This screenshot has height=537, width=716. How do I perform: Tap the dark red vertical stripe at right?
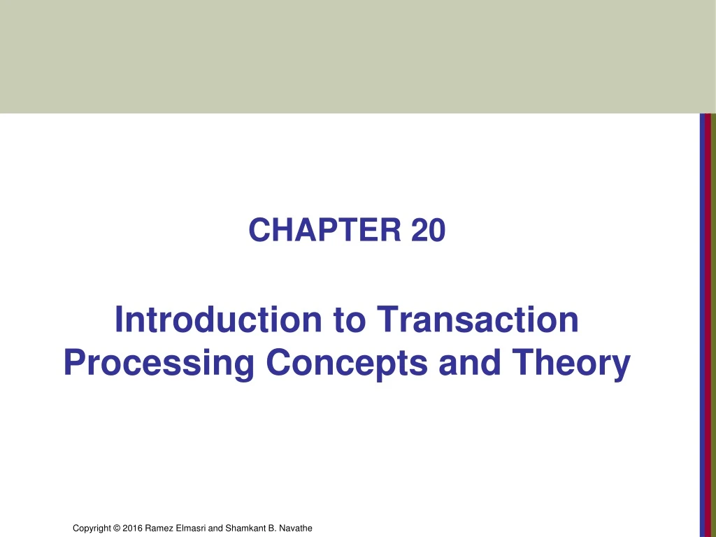click(708, 322)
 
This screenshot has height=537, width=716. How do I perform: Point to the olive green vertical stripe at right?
click(714, 322)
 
